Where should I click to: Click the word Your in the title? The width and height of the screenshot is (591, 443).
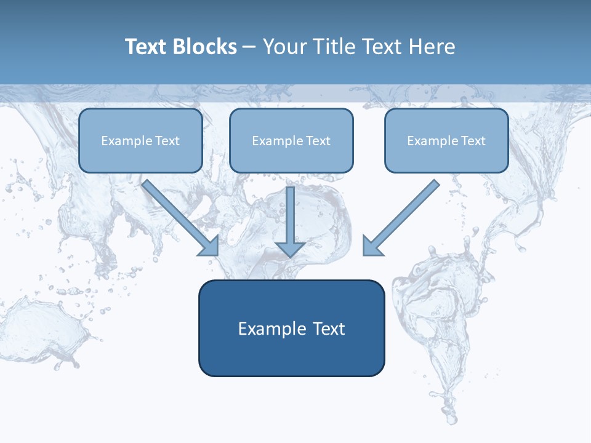[285, 47]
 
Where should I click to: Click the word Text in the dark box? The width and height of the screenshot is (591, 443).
[329, 329]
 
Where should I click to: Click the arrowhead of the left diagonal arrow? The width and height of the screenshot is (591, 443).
[210, 246]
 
